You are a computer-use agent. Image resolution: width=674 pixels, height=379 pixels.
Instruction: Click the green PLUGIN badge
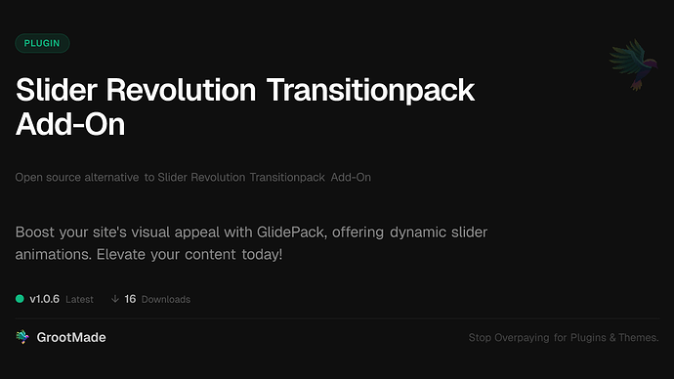[x=42, y=43]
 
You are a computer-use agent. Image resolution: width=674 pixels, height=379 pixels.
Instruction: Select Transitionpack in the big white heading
[x=371, y=92]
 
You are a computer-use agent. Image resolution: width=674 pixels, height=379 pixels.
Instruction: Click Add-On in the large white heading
[x=70, y=127]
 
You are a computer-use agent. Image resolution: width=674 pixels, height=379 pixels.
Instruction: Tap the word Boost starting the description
[x=37, y=234]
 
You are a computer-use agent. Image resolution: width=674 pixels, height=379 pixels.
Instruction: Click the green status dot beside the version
[x=21, y=299]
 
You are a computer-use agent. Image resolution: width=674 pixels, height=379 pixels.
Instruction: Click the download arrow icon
[x=115, y=299]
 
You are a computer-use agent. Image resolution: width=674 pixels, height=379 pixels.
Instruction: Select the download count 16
[x=131, y=299]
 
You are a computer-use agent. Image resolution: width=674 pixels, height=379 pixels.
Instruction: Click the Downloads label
[x=166, y=300]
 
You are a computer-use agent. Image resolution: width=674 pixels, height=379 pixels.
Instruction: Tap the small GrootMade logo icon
[x=22, y=337]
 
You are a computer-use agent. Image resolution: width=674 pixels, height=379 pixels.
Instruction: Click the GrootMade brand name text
[x=73, y=337]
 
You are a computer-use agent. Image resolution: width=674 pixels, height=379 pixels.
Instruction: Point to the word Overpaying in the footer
[x=521, y=338]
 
